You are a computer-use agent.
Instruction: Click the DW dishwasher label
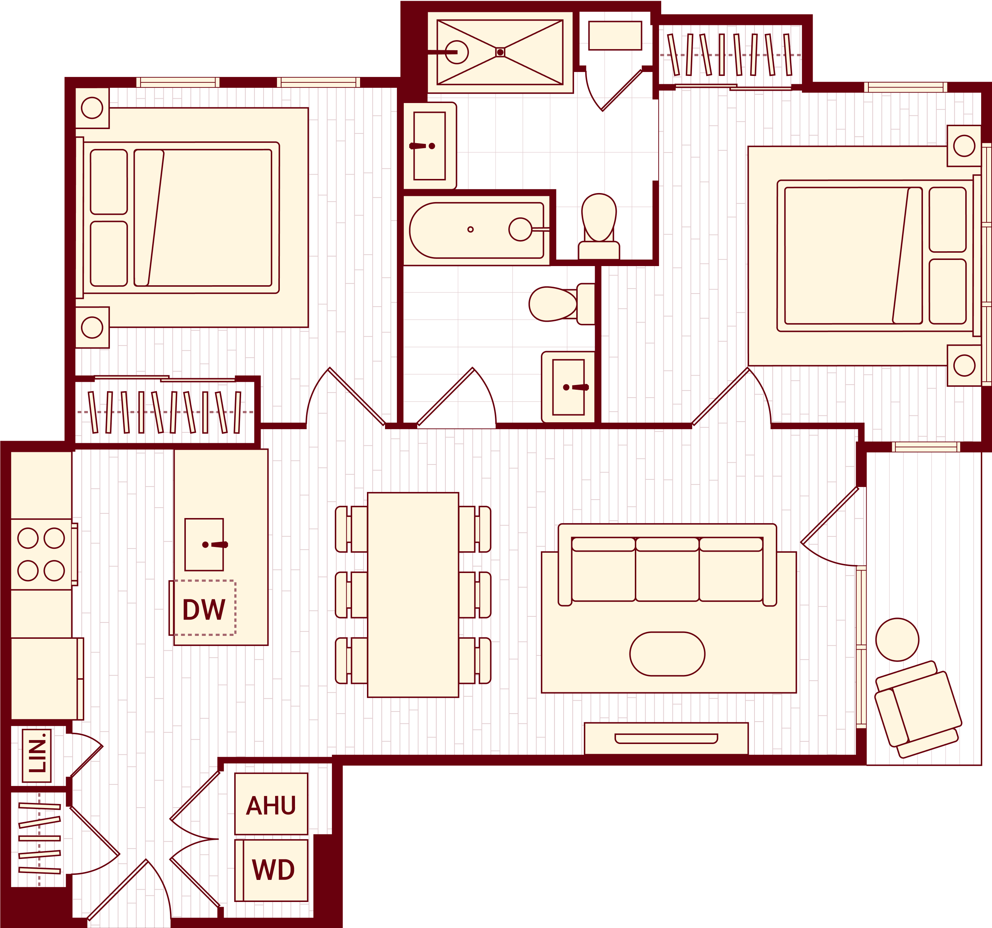click(204, 609)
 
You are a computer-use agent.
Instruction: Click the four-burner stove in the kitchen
click(42, 554)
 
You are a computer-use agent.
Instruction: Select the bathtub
click(476, 230)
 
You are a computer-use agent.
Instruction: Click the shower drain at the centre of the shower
click(500, 52)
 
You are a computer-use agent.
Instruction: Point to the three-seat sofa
click(667, 568)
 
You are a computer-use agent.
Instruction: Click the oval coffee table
click(667, 654)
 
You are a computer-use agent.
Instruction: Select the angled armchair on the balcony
click(918, 709)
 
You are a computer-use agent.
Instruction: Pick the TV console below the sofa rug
click(666, 739)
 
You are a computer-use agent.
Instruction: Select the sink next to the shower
click(429, 146)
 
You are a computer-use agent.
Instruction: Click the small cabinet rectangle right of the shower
click(615, 35)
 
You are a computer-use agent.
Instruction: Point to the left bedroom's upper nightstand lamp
click(92, 108)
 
